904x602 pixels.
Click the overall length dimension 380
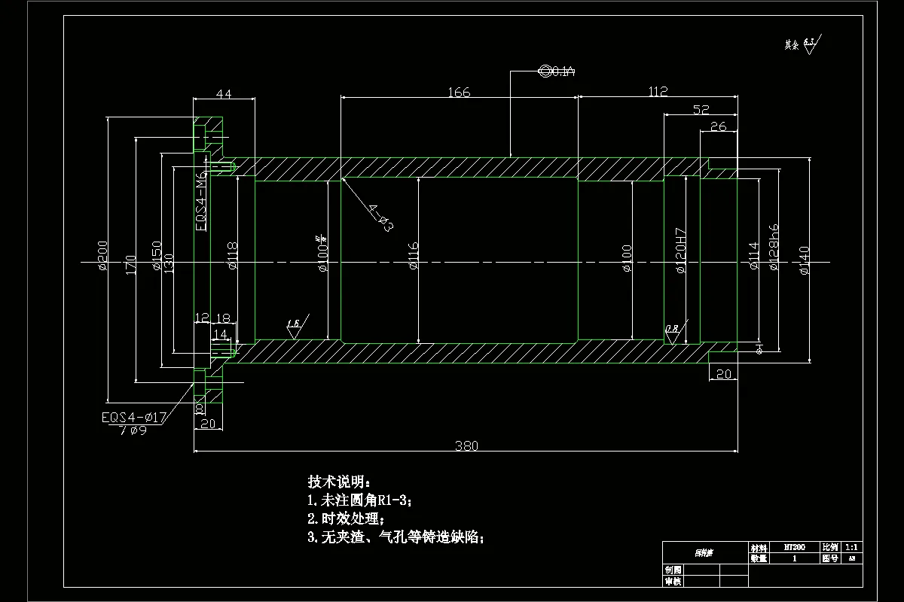click(466, 445)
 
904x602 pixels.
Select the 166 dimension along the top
click(459, 93)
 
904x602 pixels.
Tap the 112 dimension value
click(658, 92)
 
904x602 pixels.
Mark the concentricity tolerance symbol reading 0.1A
click(557, 71)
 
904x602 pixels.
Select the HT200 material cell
click(794, 548)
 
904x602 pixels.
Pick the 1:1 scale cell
click(853, 548)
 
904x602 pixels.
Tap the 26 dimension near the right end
click(719, 126)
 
